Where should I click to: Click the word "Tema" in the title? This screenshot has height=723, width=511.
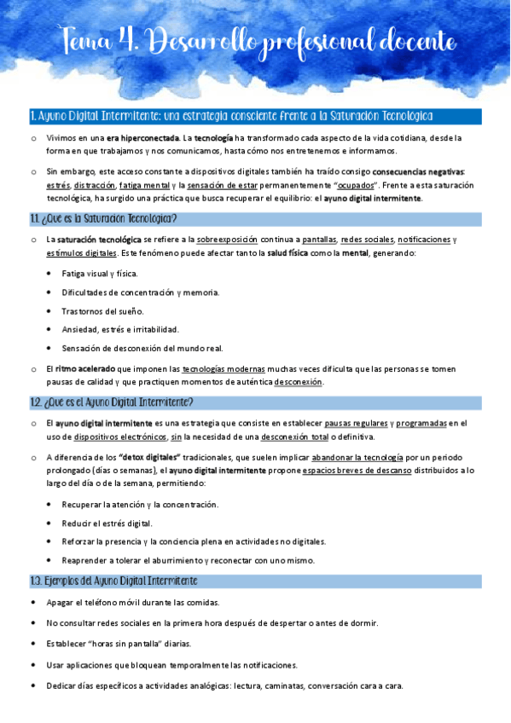(x=88, y=40)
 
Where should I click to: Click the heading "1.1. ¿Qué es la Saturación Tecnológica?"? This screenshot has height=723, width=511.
(x=103, y=218)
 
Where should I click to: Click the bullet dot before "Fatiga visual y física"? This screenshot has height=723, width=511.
(x=48, y=274)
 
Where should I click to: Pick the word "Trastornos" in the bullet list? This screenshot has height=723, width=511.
(x=84, y=311)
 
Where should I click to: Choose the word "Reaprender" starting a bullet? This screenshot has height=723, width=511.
(x=87, y=560)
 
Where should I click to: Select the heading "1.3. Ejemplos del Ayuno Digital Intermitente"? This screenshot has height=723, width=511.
(x=113, y=581)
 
